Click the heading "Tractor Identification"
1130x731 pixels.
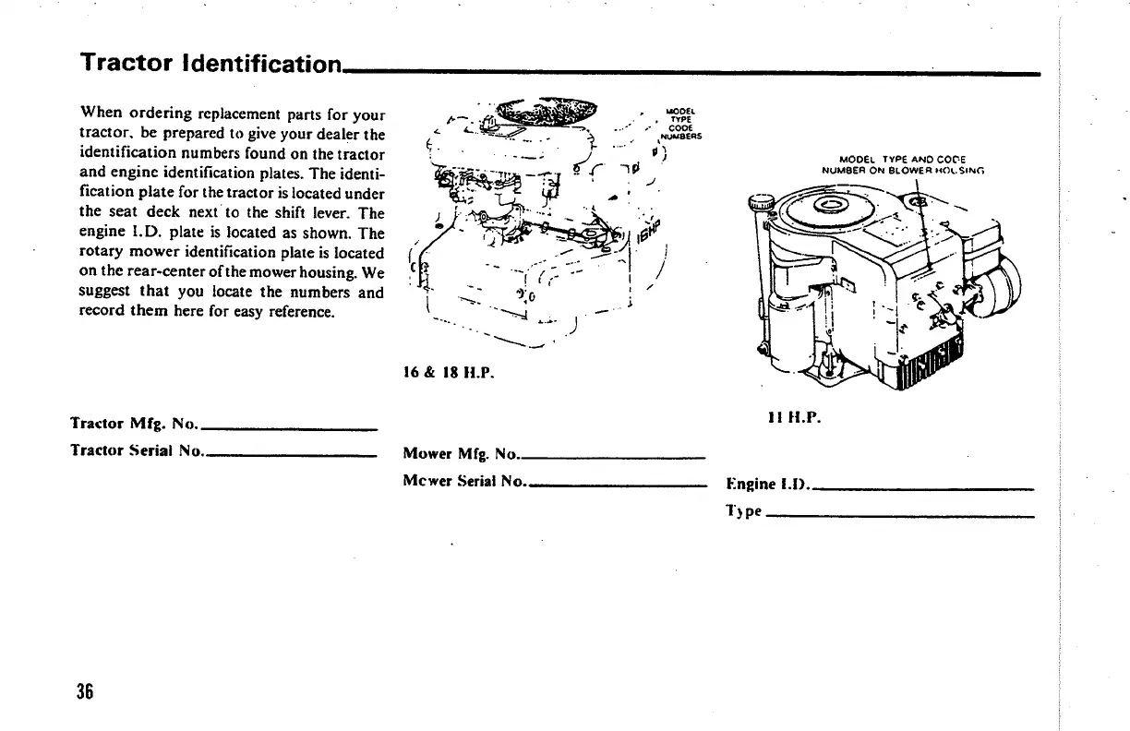pos(211,63)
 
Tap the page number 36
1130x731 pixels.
pos(87,691)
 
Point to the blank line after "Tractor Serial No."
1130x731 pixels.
pos(290,456)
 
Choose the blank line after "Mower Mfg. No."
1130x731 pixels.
pos(613,458)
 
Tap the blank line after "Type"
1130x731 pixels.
pos(899,516)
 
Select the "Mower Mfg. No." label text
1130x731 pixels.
pos(461,453)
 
